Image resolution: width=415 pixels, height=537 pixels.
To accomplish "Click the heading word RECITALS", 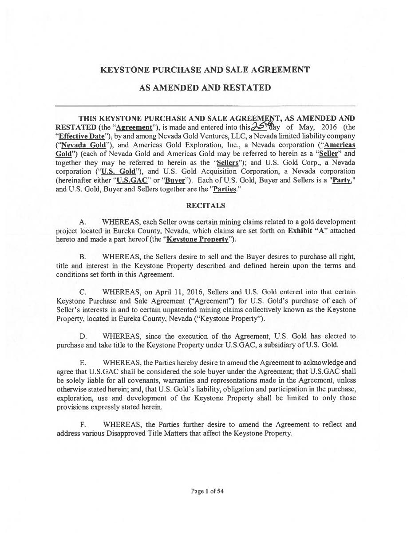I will pyautogui.click(x=205, y=205).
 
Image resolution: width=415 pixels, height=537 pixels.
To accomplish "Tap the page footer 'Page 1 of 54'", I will pyautogui.click(x=208, y=491).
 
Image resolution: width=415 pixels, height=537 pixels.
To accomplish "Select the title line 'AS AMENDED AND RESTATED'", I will pyautogui.click(x=205, y=87).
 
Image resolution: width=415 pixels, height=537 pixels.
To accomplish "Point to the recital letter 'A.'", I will pyautogui.click(x=83, y=222).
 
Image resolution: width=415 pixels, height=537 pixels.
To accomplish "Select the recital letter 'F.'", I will pyautogui.click(x=83, y=424).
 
